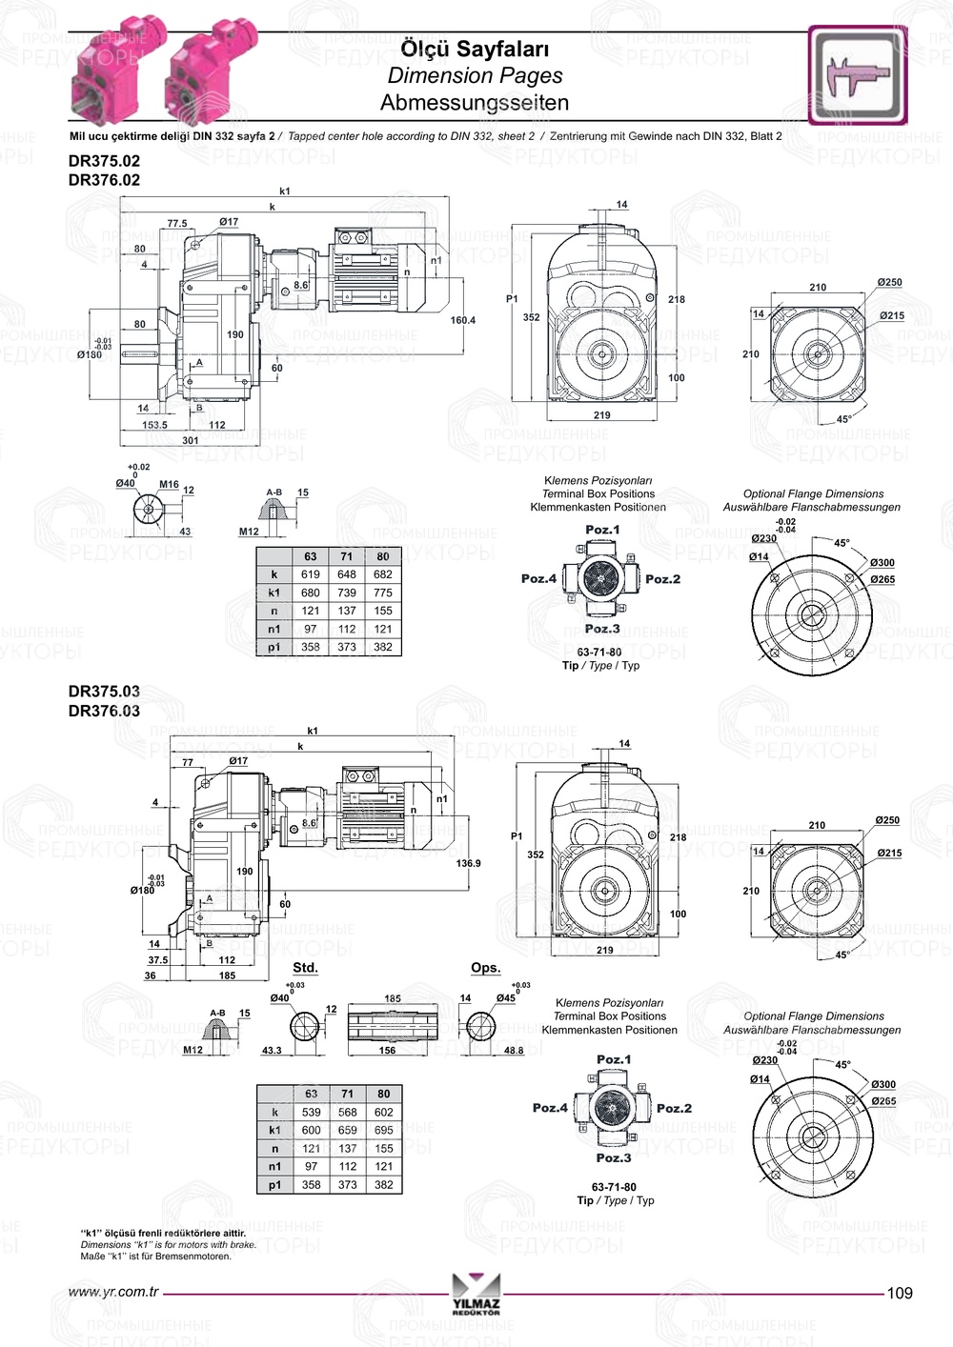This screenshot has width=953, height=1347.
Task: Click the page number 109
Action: (x=899, y=1293)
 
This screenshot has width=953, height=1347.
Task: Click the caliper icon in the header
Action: (x=858, y=75)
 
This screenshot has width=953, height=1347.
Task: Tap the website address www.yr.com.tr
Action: (x=113, y=1293)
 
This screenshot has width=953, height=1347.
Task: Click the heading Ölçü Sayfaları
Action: (x=475, y=49)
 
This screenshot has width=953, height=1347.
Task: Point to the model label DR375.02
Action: (x=104, y=161)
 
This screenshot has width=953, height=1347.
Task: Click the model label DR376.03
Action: (x=104, y=711)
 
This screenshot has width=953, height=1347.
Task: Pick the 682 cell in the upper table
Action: (x=383, y=574)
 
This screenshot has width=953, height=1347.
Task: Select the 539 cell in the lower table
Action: (x=312, y=1112)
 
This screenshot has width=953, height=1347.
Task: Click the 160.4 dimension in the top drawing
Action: (x=462, y=320)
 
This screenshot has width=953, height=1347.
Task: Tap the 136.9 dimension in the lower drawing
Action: (x=468, y=863)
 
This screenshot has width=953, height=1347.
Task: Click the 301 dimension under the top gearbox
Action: (x=191, y=440)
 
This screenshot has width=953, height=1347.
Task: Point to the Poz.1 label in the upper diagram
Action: (x=602, y=530)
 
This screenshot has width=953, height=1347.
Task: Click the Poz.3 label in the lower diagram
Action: (x=614, y=1157)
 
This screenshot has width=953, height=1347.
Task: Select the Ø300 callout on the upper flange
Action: (x=882, y=563)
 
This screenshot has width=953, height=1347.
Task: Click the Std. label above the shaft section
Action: (x=305, y=968)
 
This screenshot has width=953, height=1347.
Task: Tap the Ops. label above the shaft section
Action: (x=485, y=968)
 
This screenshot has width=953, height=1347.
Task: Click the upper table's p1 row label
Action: (x=274, y=647)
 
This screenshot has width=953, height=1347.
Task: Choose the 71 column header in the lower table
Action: (x=348, y=1094)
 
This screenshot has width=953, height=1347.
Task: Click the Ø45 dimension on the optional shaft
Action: (x=505, y=998)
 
